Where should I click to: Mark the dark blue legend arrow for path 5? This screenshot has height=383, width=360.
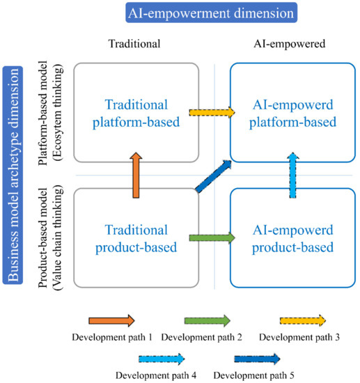coord(257,359)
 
